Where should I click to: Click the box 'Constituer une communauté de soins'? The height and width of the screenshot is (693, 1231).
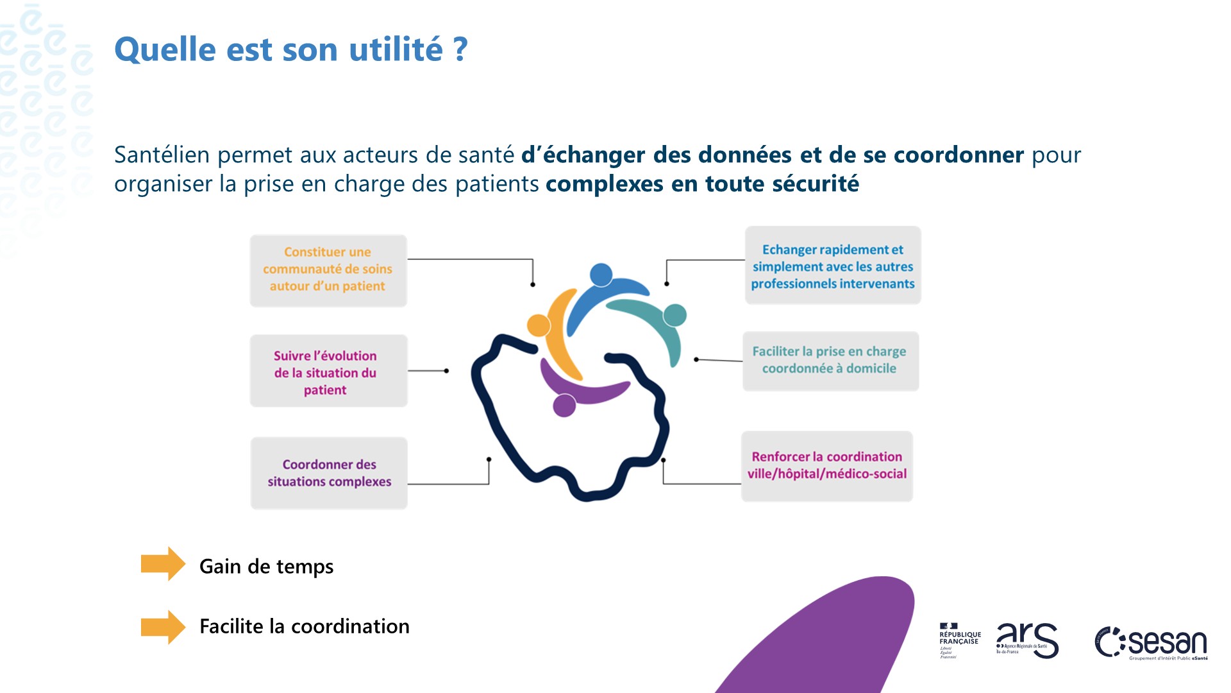tap(328, 270)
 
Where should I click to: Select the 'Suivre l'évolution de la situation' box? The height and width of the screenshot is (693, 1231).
tap(328, 371)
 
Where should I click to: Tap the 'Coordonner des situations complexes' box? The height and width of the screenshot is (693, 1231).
tap(329, 473)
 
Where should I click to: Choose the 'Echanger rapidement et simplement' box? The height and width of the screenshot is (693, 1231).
tap(832, 266)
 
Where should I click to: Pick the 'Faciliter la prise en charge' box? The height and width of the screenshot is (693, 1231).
tap(830, 361)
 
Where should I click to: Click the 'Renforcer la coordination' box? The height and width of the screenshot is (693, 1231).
tap(826, 466)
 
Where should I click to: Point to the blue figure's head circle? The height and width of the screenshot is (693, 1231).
tap(601, 275)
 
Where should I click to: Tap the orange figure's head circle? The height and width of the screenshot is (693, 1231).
tap(539, 325)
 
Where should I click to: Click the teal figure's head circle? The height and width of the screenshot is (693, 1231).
tap(674, 315)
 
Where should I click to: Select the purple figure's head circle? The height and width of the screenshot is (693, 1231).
tap(564, 406)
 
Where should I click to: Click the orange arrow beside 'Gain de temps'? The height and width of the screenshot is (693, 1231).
tap(163, 564)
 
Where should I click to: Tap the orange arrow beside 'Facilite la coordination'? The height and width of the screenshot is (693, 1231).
tap(163, 627)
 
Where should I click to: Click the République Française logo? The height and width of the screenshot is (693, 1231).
tap(959, 640)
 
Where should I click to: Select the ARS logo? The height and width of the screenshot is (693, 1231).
tap(1027, 640)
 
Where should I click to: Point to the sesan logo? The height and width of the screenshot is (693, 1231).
tap(1151, 642)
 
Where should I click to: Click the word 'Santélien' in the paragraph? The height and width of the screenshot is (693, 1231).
tap(162, 155)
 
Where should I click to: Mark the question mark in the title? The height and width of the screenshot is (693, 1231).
tap(460, 49)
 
